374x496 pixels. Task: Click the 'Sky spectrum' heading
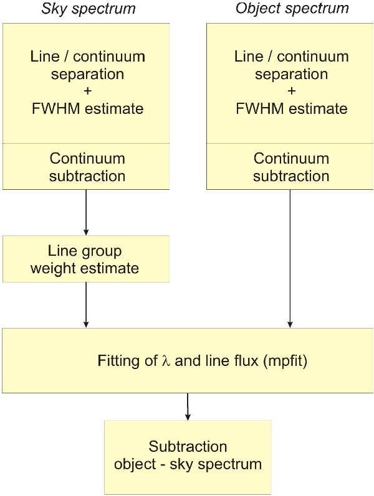[88, 9]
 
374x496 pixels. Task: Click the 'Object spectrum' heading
[292, 9]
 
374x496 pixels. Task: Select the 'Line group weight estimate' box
[86, 259]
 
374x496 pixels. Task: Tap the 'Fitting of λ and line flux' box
[188, 361]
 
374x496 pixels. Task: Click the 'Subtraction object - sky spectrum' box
[188, 456]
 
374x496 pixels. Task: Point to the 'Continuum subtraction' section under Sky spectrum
[87, 167]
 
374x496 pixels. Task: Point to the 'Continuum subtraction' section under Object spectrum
[291, 167]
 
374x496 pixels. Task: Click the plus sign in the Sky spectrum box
[87, 91]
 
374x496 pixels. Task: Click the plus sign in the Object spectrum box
[291, 91]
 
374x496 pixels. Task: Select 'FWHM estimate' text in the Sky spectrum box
[87, 109]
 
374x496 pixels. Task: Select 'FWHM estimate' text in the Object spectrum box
[291, 109]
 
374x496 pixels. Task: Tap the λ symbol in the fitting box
[166, 362]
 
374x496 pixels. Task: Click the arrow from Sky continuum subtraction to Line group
[86, 212]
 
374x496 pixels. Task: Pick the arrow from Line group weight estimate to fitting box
[86, 305]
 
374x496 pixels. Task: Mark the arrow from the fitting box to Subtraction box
[188, 406]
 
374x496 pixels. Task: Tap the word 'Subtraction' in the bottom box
[188, 447]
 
